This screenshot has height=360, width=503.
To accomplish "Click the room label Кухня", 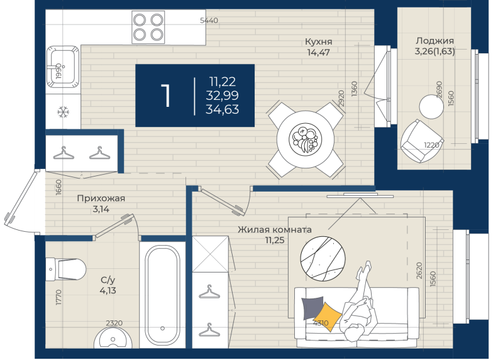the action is point(318,41).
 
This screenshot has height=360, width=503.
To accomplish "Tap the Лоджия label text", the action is point(434,41).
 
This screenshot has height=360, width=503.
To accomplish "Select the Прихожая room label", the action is point(101,199).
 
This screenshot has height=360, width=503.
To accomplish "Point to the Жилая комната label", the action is point(275,229).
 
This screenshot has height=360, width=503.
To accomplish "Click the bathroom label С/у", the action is point(108,280).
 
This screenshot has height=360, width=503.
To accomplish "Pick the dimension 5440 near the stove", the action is point(209,21).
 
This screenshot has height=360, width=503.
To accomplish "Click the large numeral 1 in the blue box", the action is point(165,95).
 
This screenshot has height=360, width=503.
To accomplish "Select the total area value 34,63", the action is point(223,110).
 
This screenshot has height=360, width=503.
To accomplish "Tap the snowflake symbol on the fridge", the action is point(64,112).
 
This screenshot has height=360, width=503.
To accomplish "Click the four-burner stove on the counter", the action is point(148,27).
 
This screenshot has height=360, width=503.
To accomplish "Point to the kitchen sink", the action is point(63,67).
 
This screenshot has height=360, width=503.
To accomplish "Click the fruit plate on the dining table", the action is point(305,139).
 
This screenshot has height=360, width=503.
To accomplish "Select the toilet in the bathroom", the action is point(66,270).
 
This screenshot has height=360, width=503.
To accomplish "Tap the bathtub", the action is point(162,295).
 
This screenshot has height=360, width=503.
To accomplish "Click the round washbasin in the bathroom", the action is point(113,337).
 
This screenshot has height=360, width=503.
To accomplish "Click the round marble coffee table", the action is point(323,259).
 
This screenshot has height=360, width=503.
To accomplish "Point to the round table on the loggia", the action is point(431,107).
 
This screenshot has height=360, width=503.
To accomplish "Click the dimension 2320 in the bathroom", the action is point(114,323).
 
